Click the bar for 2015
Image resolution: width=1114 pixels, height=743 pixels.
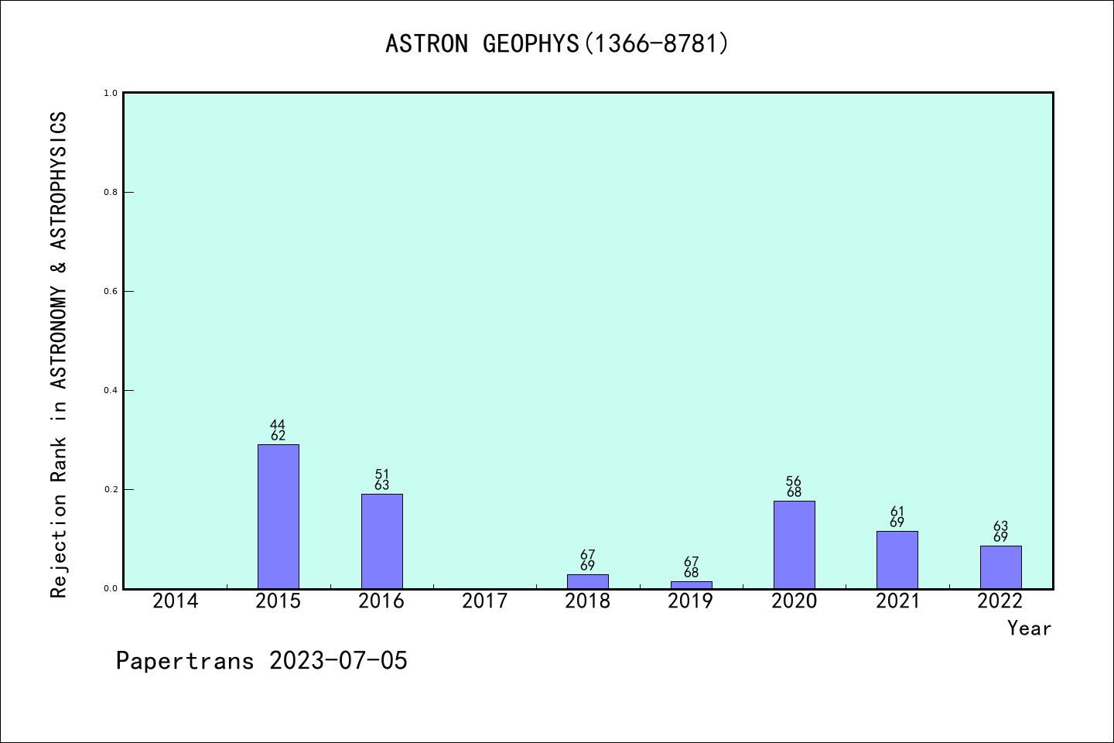[x=278, y=516]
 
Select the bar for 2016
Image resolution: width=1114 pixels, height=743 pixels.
[x=381, y=541]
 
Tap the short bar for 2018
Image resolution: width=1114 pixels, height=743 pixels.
[x=587, y=581]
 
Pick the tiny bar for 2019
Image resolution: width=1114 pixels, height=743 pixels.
[x=691, y=584]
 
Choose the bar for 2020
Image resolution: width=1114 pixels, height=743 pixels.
[x=794, y=545]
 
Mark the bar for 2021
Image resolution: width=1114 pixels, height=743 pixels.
[x=897, y=560]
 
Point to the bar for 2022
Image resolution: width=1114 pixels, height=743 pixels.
[x=1000, y=567]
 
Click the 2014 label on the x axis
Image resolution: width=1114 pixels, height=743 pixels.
[x=175, y=601]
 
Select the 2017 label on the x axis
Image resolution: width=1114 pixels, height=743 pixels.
[x=484, y=601]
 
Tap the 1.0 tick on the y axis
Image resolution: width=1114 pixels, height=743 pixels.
[x=111, y=93]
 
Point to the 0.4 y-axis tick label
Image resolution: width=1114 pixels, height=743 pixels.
[x=111, y=390]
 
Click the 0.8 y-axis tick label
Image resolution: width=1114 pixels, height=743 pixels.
[x=111, y=192]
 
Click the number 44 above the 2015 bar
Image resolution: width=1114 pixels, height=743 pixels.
[x=278, y=424]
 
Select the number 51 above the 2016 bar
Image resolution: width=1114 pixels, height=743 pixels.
[x=381, y=474]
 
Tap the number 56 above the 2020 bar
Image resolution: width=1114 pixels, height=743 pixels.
[x=794, y=481]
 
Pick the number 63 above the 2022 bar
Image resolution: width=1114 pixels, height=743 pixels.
[x=1000, y=526]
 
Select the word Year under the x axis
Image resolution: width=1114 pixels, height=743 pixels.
[x=1029, y=628]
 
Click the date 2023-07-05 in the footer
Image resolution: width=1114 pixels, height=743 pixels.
[x=338, y=661]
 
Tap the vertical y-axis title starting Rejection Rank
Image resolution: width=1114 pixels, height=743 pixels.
[x=59, y=354]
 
